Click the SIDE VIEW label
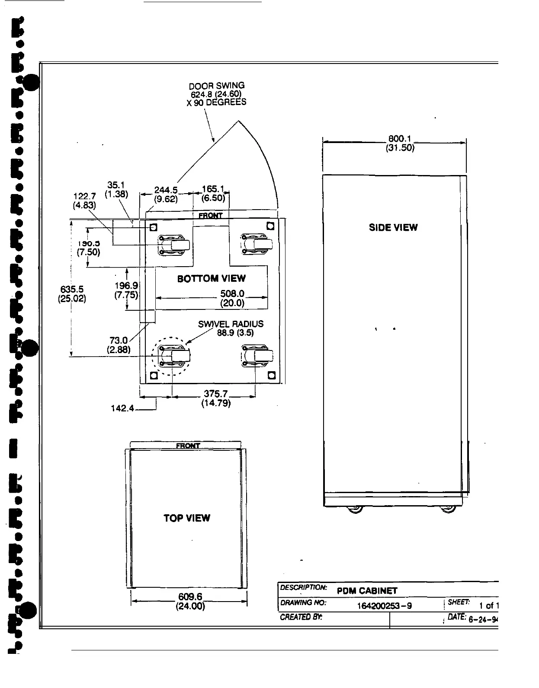393,227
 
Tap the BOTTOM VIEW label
211,278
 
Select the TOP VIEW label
187,518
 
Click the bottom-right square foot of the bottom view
271,375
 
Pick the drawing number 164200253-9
384,606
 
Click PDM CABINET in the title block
367,591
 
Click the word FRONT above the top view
188,446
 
